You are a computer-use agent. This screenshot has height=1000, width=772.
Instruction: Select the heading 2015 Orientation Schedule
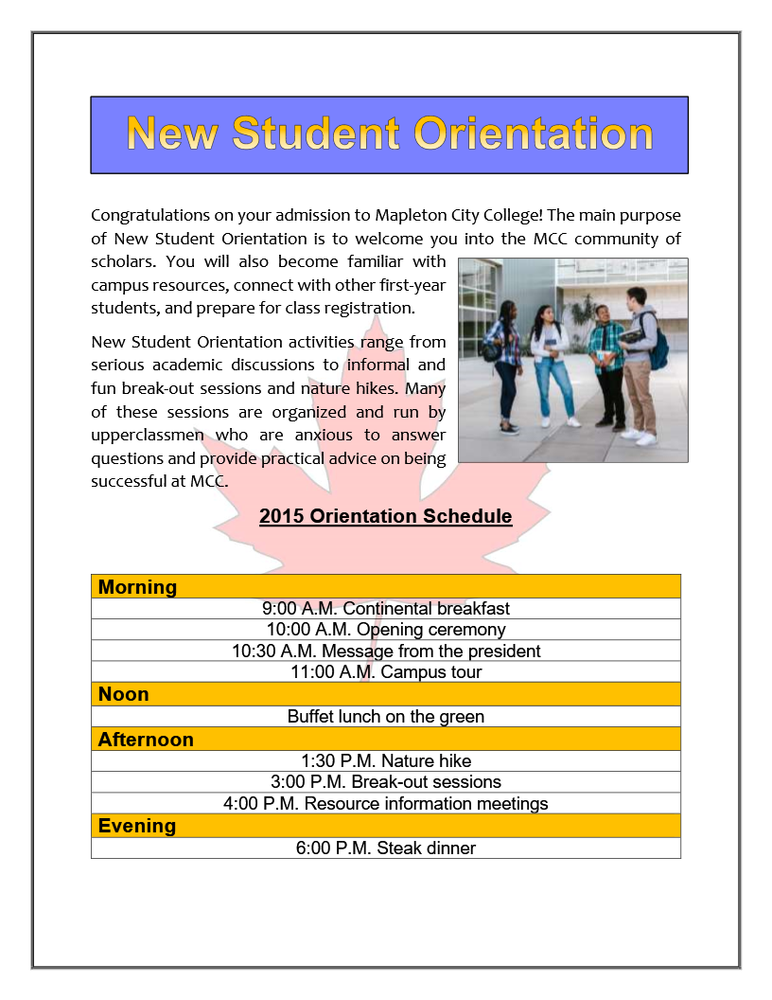385,516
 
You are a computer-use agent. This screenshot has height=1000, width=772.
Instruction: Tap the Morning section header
137,587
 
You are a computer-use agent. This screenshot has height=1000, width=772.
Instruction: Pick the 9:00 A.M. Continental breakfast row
385,609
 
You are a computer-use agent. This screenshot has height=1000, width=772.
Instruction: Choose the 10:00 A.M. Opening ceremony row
385,630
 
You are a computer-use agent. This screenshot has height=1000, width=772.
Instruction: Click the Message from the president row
385,652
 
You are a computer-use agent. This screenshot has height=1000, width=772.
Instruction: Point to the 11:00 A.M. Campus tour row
385,672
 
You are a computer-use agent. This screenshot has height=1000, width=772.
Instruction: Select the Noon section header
124,694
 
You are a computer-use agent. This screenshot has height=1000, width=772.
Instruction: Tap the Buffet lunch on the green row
385,717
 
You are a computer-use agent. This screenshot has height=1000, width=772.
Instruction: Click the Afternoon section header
146,740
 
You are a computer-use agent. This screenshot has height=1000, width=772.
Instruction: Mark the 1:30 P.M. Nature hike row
385,761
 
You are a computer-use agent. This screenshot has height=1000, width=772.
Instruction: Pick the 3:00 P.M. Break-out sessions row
385,782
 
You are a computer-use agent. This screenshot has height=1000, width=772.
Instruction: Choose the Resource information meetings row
385,804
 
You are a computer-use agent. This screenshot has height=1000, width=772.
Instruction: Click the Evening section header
137,826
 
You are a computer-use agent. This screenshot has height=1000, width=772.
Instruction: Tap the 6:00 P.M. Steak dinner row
385,848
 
